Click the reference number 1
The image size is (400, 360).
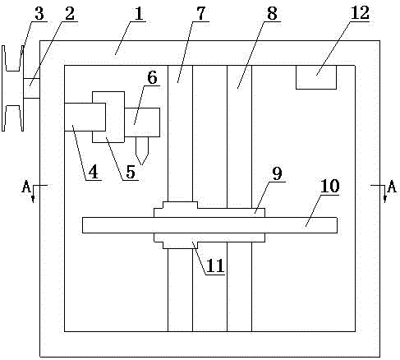[139, 14]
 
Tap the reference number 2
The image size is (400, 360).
[70, 14]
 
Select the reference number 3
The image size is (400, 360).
[39, 14]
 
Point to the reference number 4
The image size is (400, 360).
[94, 172]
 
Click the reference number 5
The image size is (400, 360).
[131, 172]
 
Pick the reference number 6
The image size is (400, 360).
[152, 77]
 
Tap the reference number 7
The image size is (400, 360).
[200, 14]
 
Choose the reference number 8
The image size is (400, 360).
[272, 14]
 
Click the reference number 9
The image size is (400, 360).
[277, 173]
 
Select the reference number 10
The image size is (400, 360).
[329, 187]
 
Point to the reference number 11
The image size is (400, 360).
[215, 265]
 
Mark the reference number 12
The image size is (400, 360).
[360, 13]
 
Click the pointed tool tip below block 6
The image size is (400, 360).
[142, 164]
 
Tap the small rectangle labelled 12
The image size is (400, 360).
[316, 77]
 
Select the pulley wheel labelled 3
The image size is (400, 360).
[12, 88]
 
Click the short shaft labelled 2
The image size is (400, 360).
[32, 88]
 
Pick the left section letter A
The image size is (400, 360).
[26, 187]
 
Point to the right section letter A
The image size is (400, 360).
[392, 187]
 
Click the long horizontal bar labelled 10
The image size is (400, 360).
[209, 225]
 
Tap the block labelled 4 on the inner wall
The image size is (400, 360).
[85, 117]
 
